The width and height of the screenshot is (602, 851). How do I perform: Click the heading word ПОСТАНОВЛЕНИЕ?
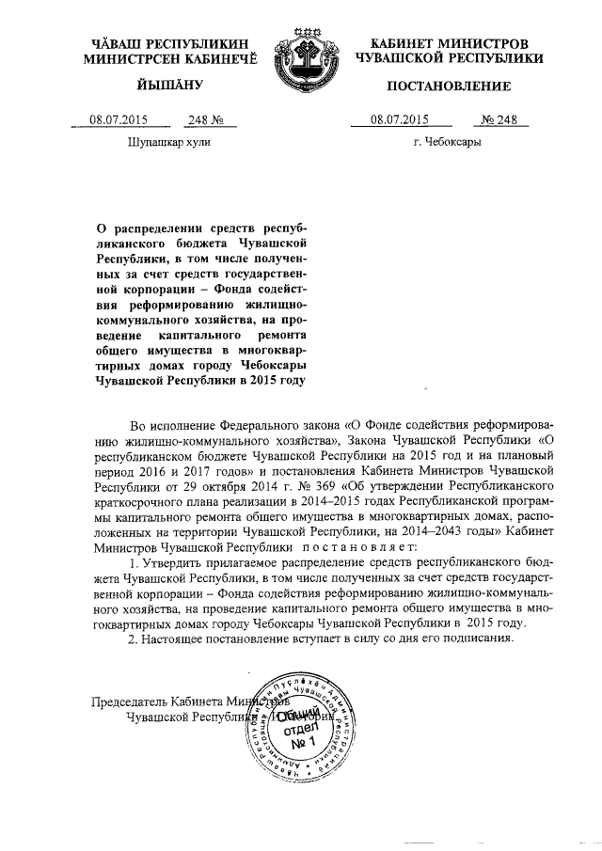tap(450, 87)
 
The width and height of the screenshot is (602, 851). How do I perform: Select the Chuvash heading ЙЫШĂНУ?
tap(169, 87)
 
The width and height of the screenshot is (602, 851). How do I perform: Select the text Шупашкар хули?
tap(168, 143)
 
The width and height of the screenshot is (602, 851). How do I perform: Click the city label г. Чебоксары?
tap(448, 143)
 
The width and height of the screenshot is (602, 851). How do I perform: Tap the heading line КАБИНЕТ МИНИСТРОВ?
tap(450, 43)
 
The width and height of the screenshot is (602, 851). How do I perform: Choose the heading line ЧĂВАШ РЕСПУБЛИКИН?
tap(169, 43)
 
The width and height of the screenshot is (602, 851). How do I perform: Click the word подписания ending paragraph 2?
tap(478, 638)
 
